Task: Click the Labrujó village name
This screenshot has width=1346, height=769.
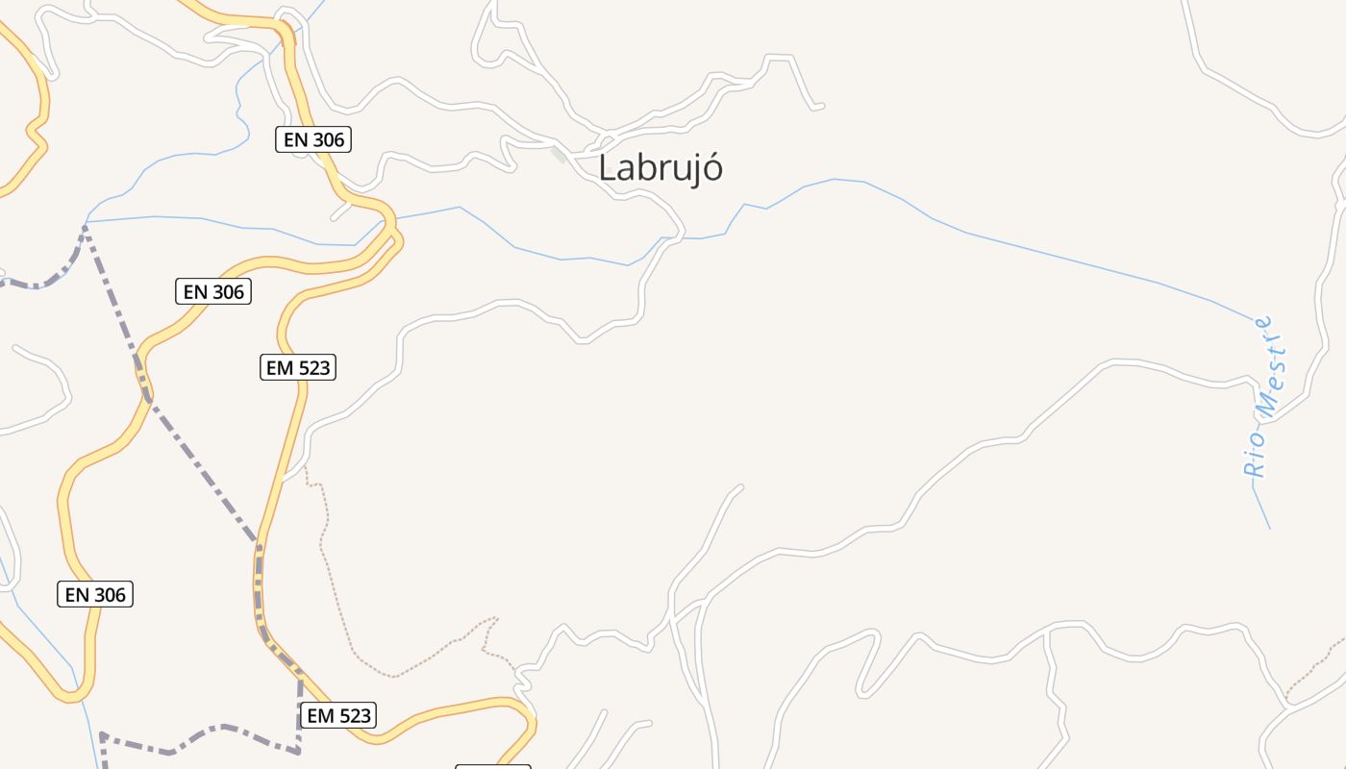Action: [660, 168]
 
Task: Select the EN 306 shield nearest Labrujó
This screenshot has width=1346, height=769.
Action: [313, 139]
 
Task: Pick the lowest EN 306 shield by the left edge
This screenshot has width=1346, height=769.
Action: [95, 595]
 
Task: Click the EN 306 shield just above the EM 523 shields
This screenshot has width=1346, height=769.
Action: [213, 291]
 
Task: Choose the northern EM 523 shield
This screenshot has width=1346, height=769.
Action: [298, 367]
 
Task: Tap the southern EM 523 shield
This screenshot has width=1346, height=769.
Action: [337, 715]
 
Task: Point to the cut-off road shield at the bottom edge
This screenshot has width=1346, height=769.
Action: [492, 766]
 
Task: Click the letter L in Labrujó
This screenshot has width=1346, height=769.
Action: [608, 168]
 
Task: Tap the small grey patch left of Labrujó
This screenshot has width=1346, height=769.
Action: [559, 154]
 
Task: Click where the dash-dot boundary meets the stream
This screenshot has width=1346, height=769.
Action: [86, 225]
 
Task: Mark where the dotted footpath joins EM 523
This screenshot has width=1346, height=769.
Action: [306, 467]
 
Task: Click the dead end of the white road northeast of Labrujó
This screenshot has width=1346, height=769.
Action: [820, 106]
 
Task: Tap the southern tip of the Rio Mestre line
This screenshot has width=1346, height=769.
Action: [1270, 528]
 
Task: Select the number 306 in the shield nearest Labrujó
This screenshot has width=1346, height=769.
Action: [328, 139]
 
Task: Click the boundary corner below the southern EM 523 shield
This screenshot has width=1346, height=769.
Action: [298, 750]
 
